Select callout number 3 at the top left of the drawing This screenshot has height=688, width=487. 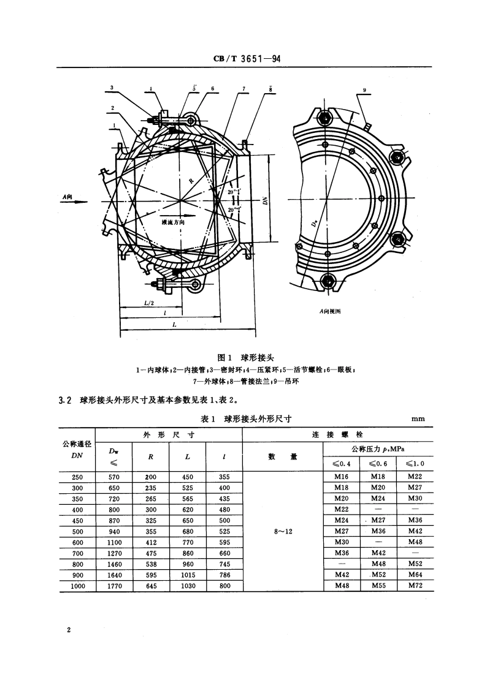(x=111, y=88)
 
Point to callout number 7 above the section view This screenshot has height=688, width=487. (x=243, y=89)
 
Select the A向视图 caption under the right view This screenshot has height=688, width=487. (x=330, y=311)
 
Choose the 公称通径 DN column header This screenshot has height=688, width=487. (x=77, y=449)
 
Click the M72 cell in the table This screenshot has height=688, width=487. (x=415, y=586)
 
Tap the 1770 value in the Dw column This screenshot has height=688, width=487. (x=114, y=586)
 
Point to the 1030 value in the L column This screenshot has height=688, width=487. (x=188, y=586)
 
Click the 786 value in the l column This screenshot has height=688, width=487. (x=224, y=575)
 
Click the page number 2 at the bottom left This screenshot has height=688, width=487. (x=69, y=630)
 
